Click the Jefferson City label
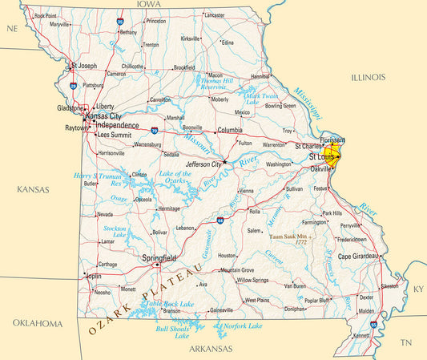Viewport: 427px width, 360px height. coord(203,164)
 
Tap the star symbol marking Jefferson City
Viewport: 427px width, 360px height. coord(225,162)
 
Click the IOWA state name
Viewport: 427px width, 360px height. coord(148,5)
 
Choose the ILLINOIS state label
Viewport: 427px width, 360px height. coord(368,77)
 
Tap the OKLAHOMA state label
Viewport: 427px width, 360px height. coord(37,323)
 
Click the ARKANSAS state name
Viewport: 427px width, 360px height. coord(211,349)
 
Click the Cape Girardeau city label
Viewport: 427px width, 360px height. coord(356,257)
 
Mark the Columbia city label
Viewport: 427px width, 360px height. coord(229,130)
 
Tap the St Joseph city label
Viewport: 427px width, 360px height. coord(83,66)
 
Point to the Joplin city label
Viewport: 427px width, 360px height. coord(94,276)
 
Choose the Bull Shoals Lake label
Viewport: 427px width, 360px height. coord(172,331)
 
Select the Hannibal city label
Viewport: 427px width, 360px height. coord(260,76)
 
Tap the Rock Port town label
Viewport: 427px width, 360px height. coord(46,15)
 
